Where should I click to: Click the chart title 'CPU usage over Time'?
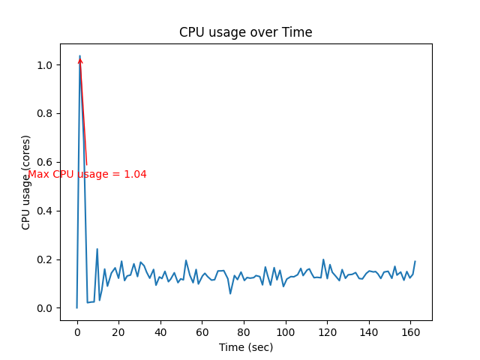coord(245,32)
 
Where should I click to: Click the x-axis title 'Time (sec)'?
coord(245,347)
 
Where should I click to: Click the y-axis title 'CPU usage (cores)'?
coord(26,182)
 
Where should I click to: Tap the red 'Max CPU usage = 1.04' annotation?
coord(87,174)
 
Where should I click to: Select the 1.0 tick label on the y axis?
coord(46,65)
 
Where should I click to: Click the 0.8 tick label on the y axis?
coord(46,114)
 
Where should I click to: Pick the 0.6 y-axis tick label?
coord(46,162)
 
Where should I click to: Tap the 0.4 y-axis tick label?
coord(46,211)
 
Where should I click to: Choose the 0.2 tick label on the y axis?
coord(46,259)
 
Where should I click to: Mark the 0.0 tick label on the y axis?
coord(46,308)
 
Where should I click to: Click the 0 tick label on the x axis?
coord(76,331)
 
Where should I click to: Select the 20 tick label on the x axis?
coord(118,331)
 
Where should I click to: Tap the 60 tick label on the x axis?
coord(202,331)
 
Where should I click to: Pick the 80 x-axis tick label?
coord(243,331)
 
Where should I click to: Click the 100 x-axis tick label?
coord(285,331)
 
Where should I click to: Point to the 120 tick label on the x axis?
coord(326,331)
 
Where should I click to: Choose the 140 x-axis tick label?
coord(368,331)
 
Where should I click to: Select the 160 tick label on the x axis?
coord(409,331)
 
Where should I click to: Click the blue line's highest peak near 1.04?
coord(79,55)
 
